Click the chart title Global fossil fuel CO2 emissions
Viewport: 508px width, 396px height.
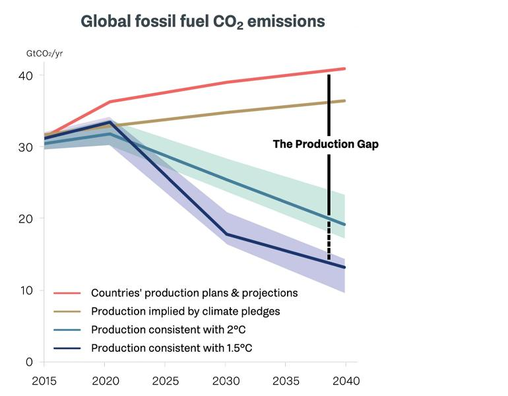(203, 21)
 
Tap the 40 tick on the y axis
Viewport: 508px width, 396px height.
(25, 75)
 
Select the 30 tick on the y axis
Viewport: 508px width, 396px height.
(25, 147)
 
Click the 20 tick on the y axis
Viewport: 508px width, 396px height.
(25, 218)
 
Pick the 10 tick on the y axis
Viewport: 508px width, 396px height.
(25, 290)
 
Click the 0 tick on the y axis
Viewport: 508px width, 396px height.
(30, 362)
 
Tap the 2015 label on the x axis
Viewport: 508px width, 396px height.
(44, 381)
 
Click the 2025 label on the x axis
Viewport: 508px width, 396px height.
(164, 381)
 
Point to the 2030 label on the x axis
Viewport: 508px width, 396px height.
(225, 381)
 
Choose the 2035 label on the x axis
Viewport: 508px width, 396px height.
(285, 381)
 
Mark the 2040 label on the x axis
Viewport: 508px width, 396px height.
(345, 381)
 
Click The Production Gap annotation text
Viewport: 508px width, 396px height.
(326, 144)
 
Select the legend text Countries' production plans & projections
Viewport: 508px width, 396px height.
(194, 292)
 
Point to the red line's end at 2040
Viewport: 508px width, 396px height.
(344, 69)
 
